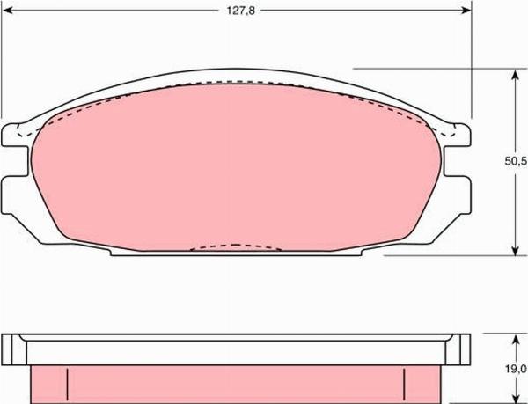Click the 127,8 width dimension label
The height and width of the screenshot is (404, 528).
tap(240, 11)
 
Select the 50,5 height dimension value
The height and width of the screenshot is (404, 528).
tap(516, 161)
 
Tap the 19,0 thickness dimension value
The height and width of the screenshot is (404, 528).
tap(516, 370)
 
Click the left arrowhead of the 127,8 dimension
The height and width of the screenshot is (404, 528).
tap(7, 11)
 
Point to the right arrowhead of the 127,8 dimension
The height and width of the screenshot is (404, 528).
tap(466, 11)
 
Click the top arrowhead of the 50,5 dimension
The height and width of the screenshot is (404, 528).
tap(515, 75)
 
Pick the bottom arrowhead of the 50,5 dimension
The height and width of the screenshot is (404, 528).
tap(515, 250)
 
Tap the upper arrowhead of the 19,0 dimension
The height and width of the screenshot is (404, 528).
tap(515, 340)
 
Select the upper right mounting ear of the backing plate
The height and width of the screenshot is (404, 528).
tap(457, 135)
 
